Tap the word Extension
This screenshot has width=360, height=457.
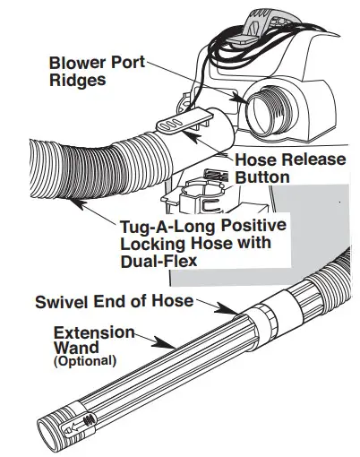93,332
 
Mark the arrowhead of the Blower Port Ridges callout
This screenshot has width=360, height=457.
241,99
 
